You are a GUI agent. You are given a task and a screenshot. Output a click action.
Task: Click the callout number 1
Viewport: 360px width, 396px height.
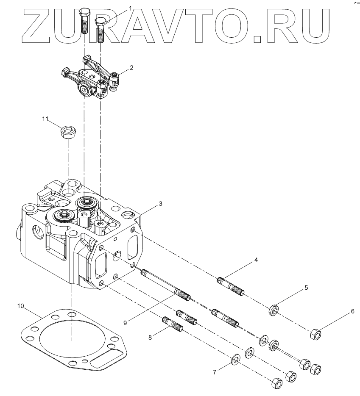click(130, 8)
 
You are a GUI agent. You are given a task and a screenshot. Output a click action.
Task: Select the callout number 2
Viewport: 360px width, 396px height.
click(132, 67)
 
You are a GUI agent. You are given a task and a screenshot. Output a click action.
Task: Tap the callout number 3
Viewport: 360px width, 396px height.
click(160, 203)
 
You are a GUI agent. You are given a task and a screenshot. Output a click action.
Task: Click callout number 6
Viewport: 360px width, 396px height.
click(352, 311)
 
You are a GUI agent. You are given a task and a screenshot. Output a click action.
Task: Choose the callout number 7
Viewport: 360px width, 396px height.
click(215, 372)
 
